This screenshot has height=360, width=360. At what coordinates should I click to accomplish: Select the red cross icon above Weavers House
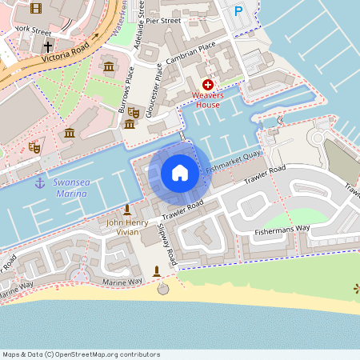pos(208,84)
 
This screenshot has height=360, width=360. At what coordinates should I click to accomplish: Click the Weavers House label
pos(207,99)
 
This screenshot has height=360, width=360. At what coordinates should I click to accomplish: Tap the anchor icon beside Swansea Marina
pos(39,182)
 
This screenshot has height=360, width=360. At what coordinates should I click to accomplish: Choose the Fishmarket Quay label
pos(233,163)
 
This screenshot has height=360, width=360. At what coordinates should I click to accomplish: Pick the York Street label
pos(32,29)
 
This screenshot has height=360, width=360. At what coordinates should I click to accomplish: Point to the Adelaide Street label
pos(140,24)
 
